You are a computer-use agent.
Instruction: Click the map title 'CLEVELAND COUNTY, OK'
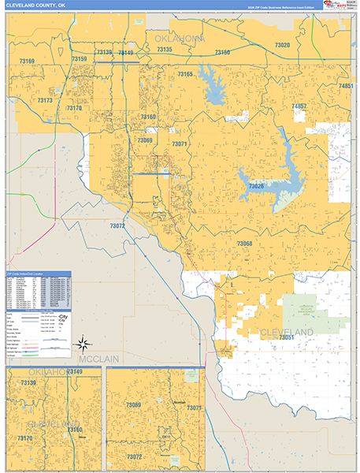pos(35,5)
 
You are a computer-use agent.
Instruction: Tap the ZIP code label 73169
pos(27,61)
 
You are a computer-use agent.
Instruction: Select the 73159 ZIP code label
pos(79,58)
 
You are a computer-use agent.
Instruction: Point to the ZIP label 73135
pos(165,49)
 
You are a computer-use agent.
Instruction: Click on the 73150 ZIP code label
pos(222,52)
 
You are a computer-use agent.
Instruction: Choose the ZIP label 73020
pos(282,46)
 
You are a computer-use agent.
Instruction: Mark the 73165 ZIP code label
pos(185,73)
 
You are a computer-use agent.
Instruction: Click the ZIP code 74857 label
pos(299,106)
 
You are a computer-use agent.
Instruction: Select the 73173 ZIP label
pos(45,100)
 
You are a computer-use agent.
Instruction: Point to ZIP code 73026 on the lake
pos(256,185)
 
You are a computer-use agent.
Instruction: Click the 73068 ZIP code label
pos(244,244)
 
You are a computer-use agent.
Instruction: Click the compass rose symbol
pos(83,343)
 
